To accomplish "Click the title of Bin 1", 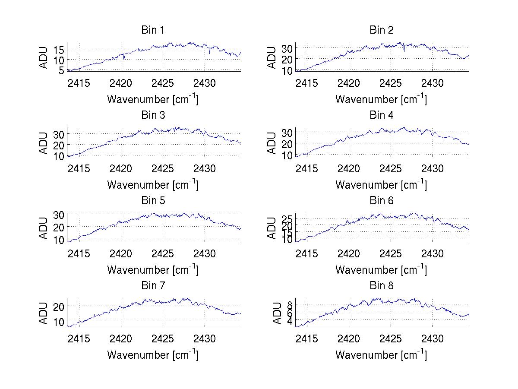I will tap(153, 30).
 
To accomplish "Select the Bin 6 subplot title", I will tap(382, 200).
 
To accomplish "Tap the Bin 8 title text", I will tap(382, 285).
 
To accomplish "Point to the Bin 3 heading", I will tap(153, 115).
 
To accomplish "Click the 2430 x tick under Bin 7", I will tap(205, 338).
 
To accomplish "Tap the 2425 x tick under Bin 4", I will tap(391, 168).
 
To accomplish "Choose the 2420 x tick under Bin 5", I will tap(121, 253).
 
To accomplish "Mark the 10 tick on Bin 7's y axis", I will tap(60, 322).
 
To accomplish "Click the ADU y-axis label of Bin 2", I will tap(272, 57).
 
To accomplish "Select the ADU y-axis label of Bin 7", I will tap(44, 313).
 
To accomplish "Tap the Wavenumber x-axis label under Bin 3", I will tap(153, 184).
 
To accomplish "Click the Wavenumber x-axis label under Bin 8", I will tap(381, 354).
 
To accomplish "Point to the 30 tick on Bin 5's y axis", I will tap(60, 215).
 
